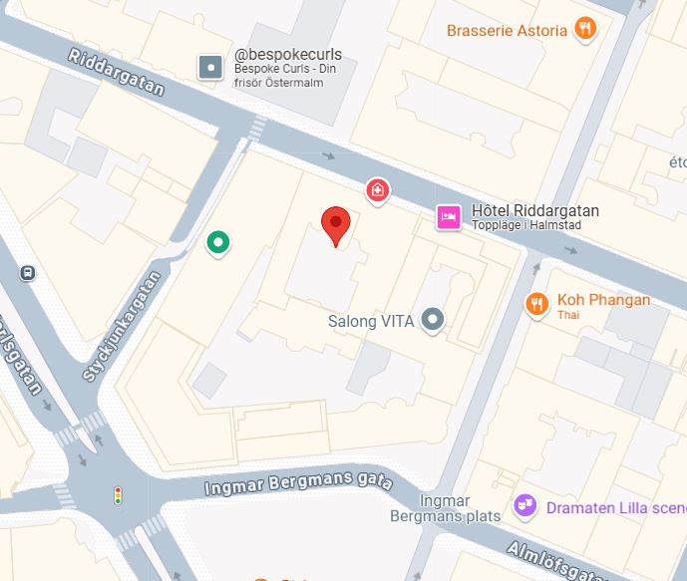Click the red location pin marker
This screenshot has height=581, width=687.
[336, 224]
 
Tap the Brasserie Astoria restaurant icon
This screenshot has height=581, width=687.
[585, 29]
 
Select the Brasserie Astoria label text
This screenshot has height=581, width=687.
[507, 30]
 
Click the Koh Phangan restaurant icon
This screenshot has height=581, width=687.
[537, 303]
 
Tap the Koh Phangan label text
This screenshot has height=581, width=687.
[603, 300]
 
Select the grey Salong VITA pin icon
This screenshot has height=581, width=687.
[432, 320]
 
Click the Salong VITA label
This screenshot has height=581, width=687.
[371, 321]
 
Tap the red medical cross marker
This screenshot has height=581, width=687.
[377, 188]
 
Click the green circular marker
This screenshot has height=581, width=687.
[217, 241]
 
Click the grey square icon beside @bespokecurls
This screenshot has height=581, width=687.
[210, 67]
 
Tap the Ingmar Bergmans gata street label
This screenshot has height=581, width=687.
[298, 486]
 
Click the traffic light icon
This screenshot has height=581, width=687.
[118, 494]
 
